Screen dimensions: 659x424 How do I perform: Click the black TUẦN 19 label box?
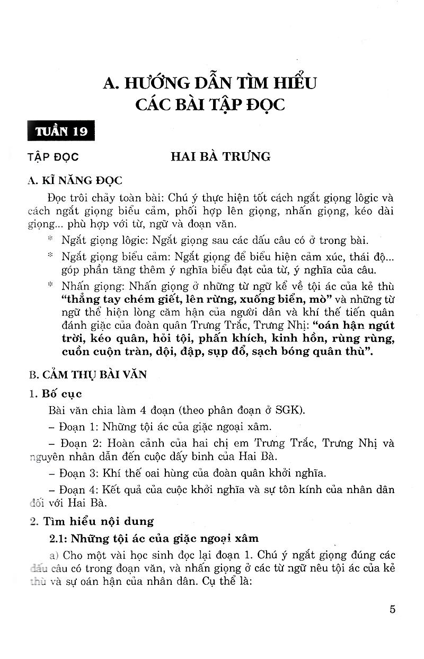click(61, 130)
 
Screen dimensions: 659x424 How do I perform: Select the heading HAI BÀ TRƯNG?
click(220, 156)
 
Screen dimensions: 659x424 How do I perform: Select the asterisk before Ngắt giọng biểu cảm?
click(50, 256)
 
